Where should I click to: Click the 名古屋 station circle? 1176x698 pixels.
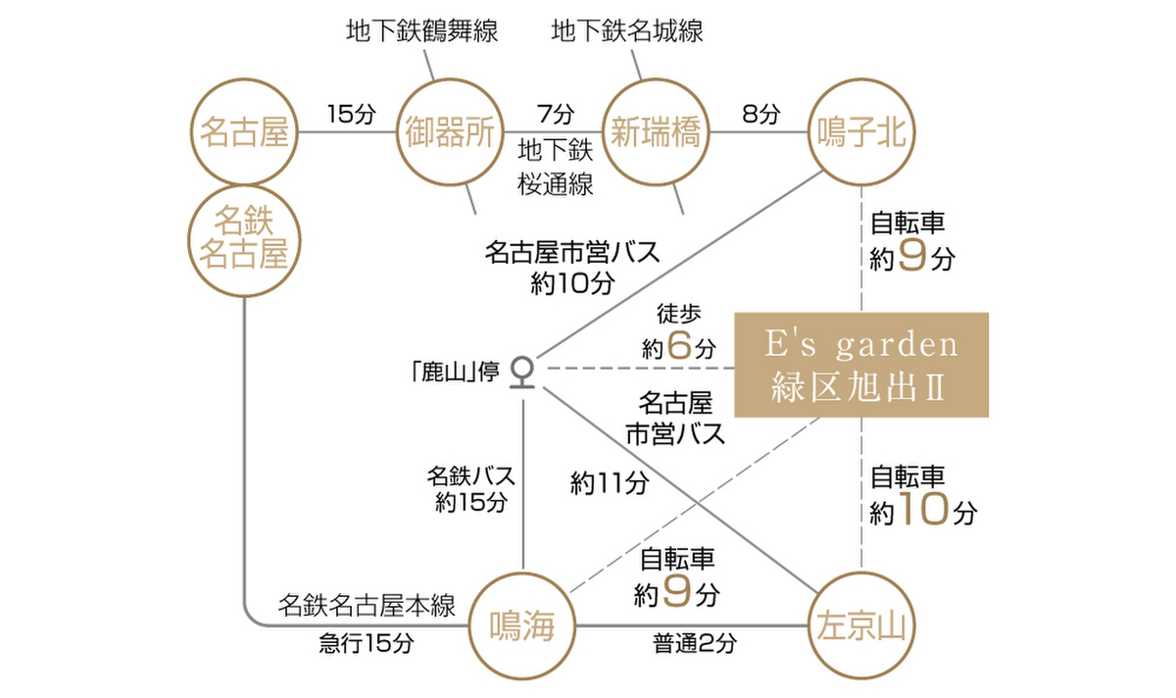click(244, 131)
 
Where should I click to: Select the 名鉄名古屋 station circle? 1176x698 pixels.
click(244, 237)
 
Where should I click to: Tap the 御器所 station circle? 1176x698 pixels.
click(450, 131)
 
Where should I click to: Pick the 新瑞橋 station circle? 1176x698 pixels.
click(656, 131)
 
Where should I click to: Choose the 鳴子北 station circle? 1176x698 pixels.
click(861, 131)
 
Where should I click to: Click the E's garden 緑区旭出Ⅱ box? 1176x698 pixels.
click(861, 365)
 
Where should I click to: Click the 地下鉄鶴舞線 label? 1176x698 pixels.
click(422, 31)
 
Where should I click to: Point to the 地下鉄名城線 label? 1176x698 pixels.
click(627, 31)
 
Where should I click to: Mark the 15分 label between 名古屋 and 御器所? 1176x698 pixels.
click(351, 114)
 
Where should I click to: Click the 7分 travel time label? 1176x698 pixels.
click(555, 114)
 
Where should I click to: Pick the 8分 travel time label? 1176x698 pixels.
click(760, 114)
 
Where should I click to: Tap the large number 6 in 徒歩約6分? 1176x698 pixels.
click(680, 344)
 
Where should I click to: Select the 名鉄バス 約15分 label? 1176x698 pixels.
click(471, 489)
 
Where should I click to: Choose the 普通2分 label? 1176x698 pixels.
click(695, 644)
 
